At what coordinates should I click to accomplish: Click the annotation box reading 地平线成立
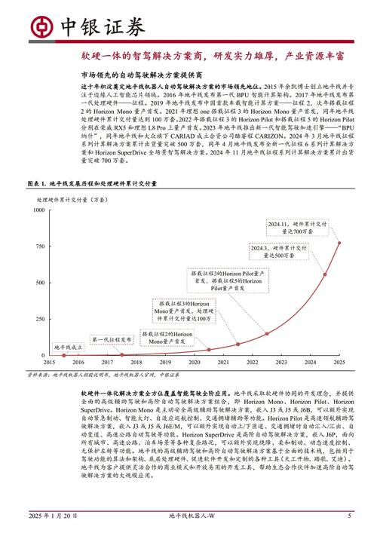tap(68, 346)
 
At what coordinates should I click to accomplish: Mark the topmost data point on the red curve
tap(339, 243)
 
